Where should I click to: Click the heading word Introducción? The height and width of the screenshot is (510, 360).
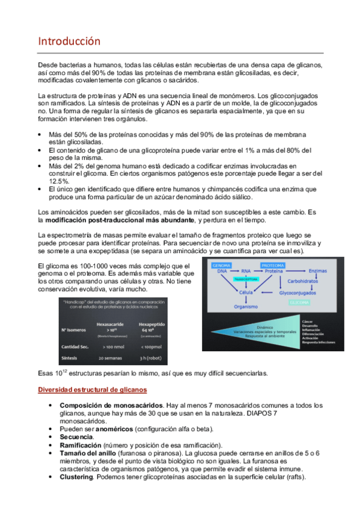(69, 41)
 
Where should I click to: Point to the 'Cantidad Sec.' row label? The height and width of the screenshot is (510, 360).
(77, 346)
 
